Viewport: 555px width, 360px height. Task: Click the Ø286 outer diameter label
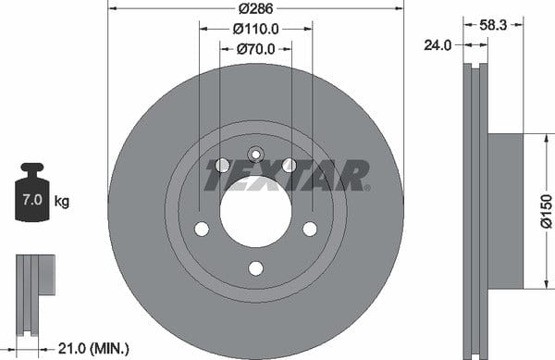pyautogui.click(x=255, y=8)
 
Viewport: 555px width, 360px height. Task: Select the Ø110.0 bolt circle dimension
pyautogui.click(x=255, y=29)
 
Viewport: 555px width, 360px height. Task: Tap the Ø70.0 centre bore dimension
pyautogui.click(x=255, y=49)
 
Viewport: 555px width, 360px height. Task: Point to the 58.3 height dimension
pyautogui.click(x=493, y=25)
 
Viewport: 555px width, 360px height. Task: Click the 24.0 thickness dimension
pyautogui.click(x=438, y=45)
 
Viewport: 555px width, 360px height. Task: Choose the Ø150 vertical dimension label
pyautogui.click(x=547, y=211)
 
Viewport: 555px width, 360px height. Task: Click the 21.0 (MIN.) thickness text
pyautogui.click(x=93, y=349)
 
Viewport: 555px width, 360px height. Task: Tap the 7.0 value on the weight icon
pyautogui.click(x=32, y=200)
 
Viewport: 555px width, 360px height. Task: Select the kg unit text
pyautogui.click(x=62, y=202)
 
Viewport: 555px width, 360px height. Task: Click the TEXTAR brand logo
pyautogui.click(x=288, y=176)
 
